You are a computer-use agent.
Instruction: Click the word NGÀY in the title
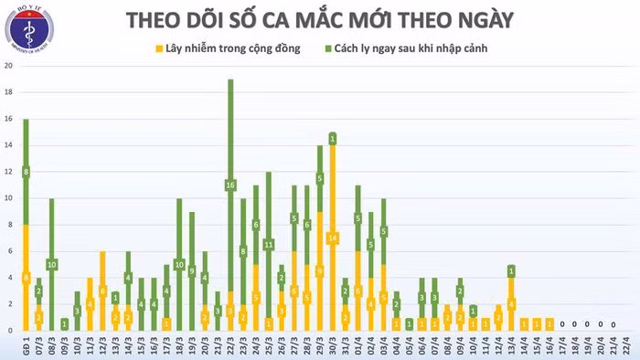(x=513, y=19)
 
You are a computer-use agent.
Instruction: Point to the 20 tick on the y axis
(x=8, y=67)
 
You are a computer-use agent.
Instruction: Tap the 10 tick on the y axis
(x=8, y=198)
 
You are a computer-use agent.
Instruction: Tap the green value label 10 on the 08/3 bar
(x=51, y=264)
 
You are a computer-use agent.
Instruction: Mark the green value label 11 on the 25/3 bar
(x=269, y=244)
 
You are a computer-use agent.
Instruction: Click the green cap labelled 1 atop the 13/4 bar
(x=511, y=270)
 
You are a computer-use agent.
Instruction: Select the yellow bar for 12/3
(x=102, y=291)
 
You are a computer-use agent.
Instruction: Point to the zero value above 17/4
(x=561, y=323)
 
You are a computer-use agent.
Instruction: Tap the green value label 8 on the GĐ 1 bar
(x=26, y=172)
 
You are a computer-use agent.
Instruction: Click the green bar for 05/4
(x=409, y=323)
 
